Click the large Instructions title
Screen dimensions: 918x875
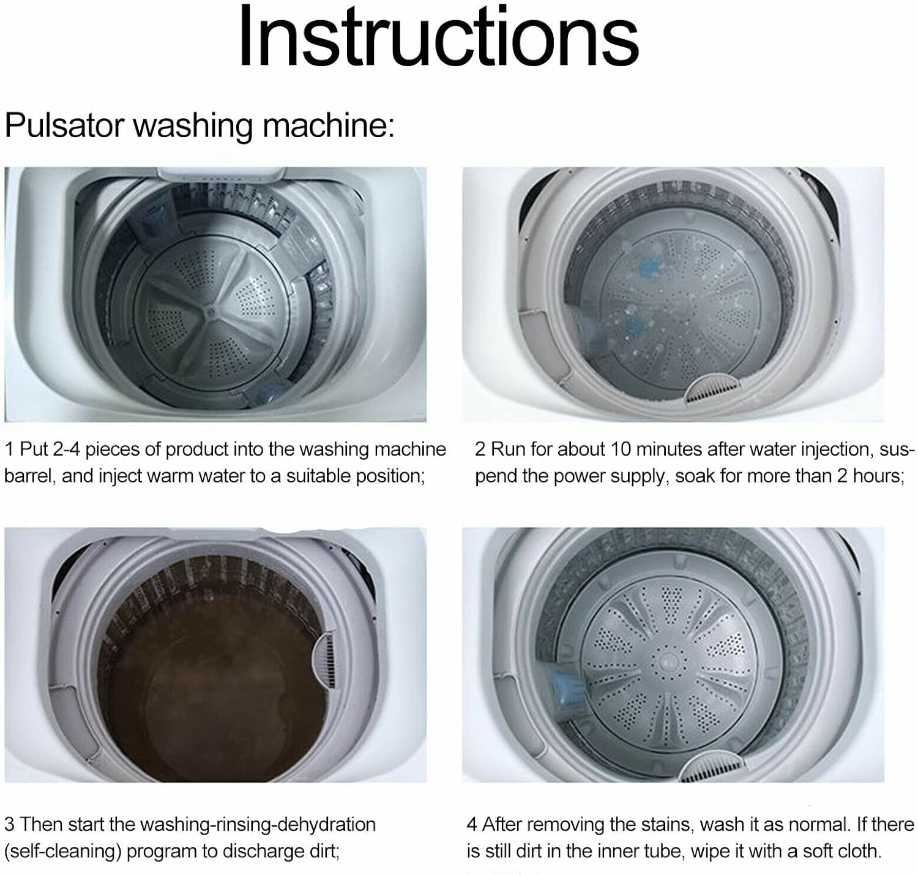[438, 37]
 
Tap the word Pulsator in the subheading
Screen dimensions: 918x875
[64, 126]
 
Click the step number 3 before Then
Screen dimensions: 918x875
[9, 825]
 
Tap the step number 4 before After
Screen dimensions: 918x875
[472, 825]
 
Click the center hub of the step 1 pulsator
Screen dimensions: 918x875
[210, 310]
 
